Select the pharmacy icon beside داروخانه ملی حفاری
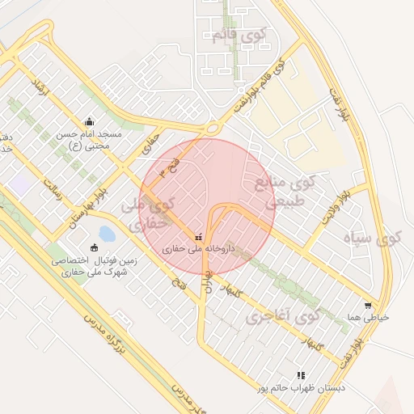(198, 237)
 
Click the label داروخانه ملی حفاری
(198, 250)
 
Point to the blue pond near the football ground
(106, 234)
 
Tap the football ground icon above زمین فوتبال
(94, 247)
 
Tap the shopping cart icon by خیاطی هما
(368, 306)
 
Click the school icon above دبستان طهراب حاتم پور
(301, 375)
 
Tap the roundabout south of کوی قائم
(213, 126)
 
